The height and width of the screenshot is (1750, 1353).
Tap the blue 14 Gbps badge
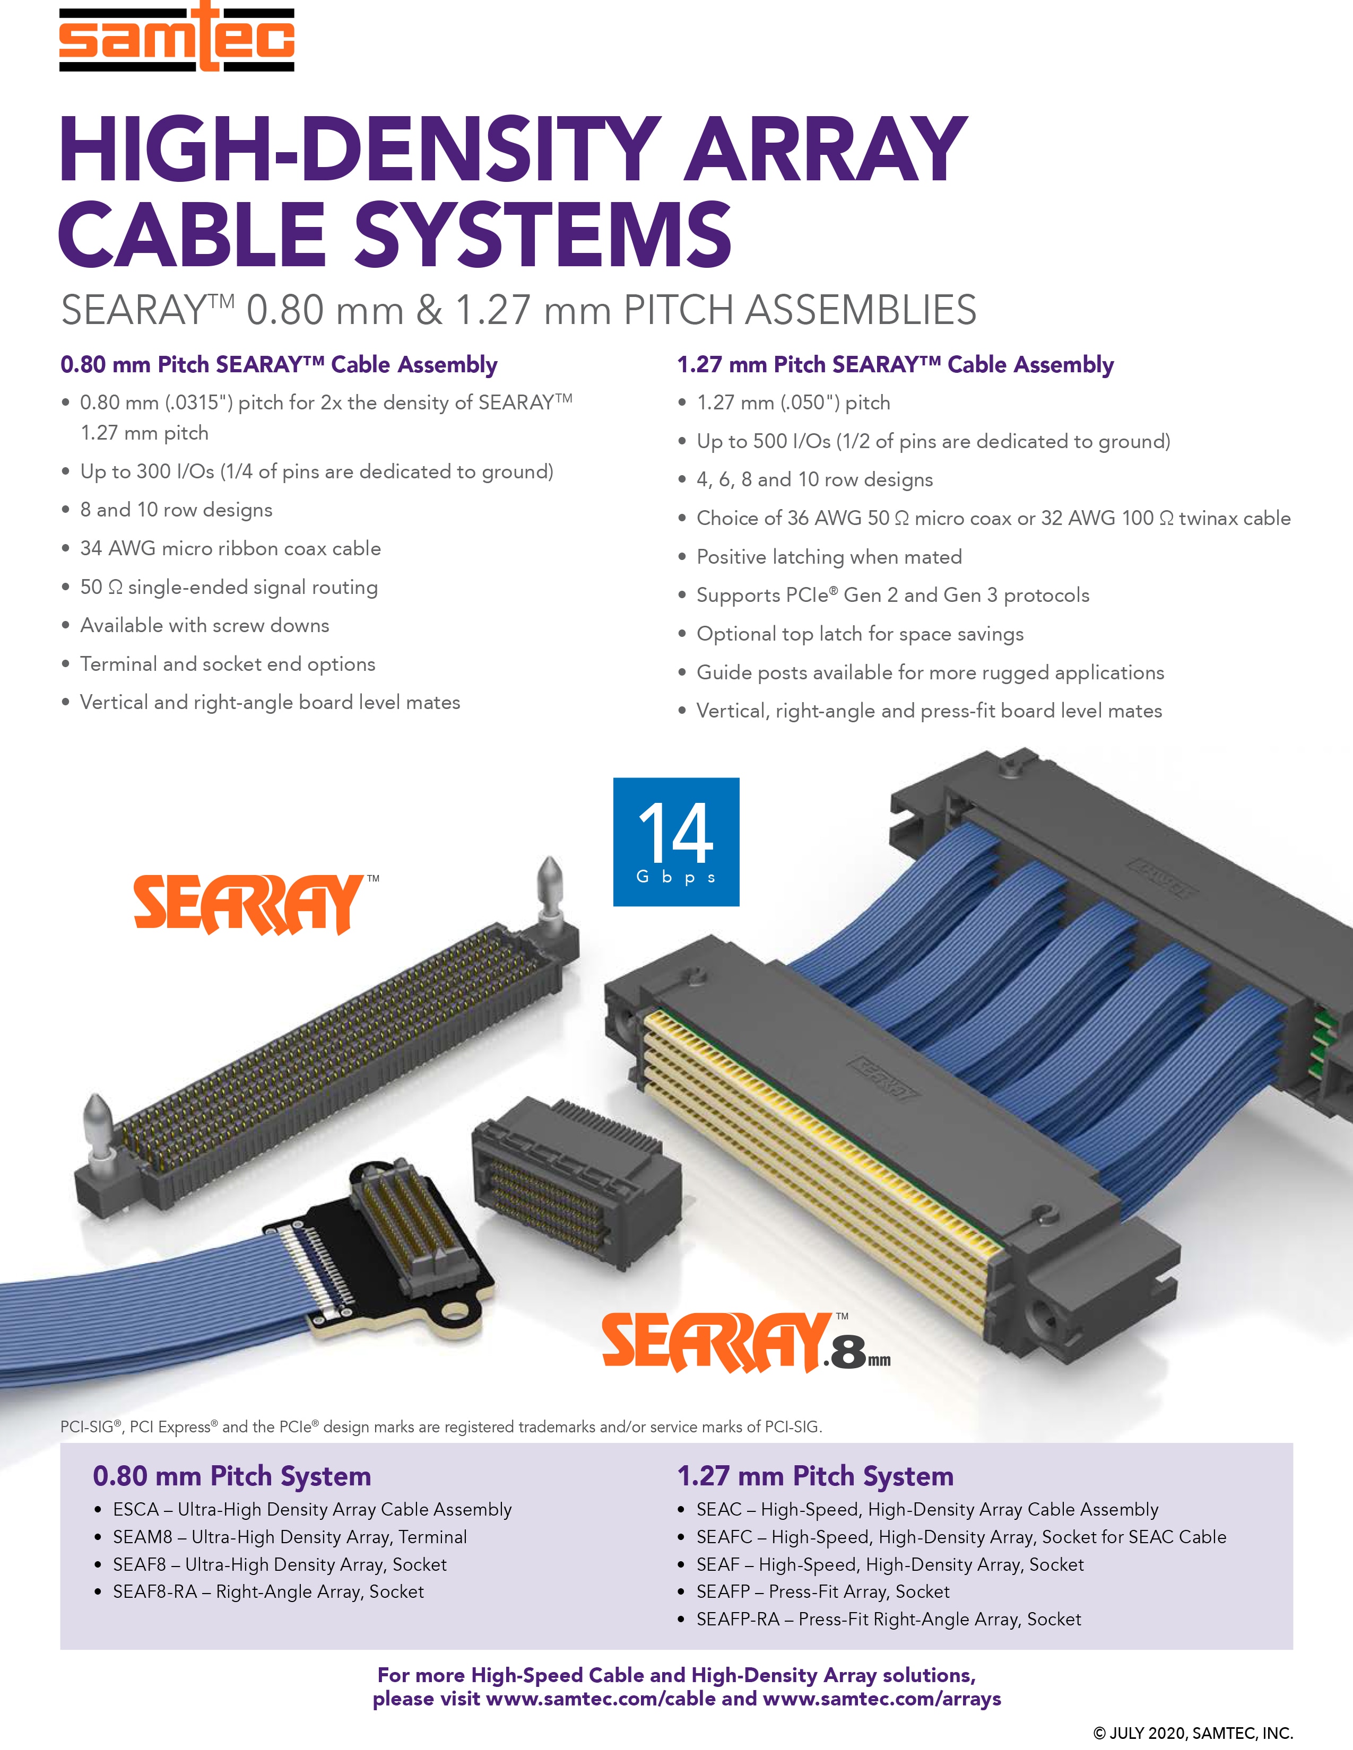675,842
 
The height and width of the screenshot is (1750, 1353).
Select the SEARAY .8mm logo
746,1342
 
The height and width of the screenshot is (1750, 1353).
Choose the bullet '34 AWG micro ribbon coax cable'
230,549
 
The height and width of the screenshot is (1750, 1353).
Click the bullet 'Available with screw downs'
204,626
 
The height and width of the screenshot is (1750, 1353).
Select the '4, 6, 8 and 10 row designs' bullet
814,480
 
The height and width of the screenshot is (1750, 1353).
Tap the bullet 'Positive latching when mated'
829,557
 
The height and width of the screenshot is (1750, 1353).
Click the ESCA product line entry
312,1510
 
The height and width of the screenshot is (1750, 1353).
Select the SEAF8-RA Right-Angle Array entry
268,1591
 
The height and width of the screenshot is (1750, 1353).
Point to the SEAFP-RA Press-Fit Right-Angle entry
889,1620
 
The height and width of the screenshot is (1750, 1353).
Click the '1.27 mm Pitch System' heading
815,1476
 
